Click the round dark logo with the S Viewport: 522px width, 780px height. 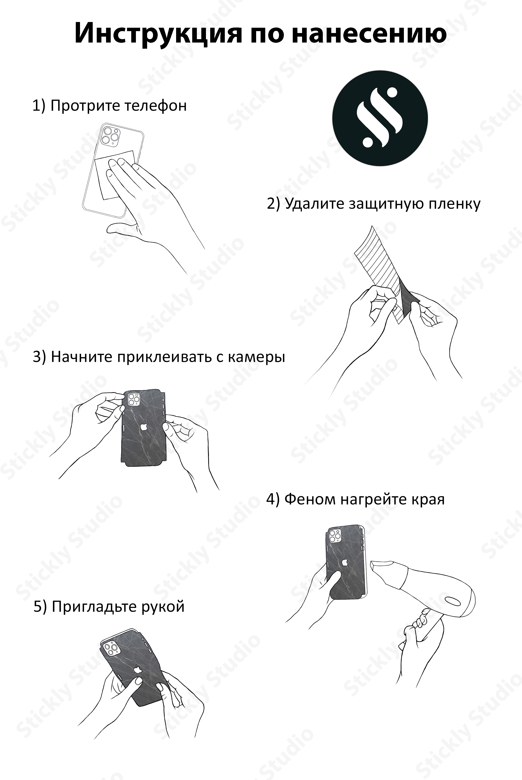pyautogui.click(x=380, y=118)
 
